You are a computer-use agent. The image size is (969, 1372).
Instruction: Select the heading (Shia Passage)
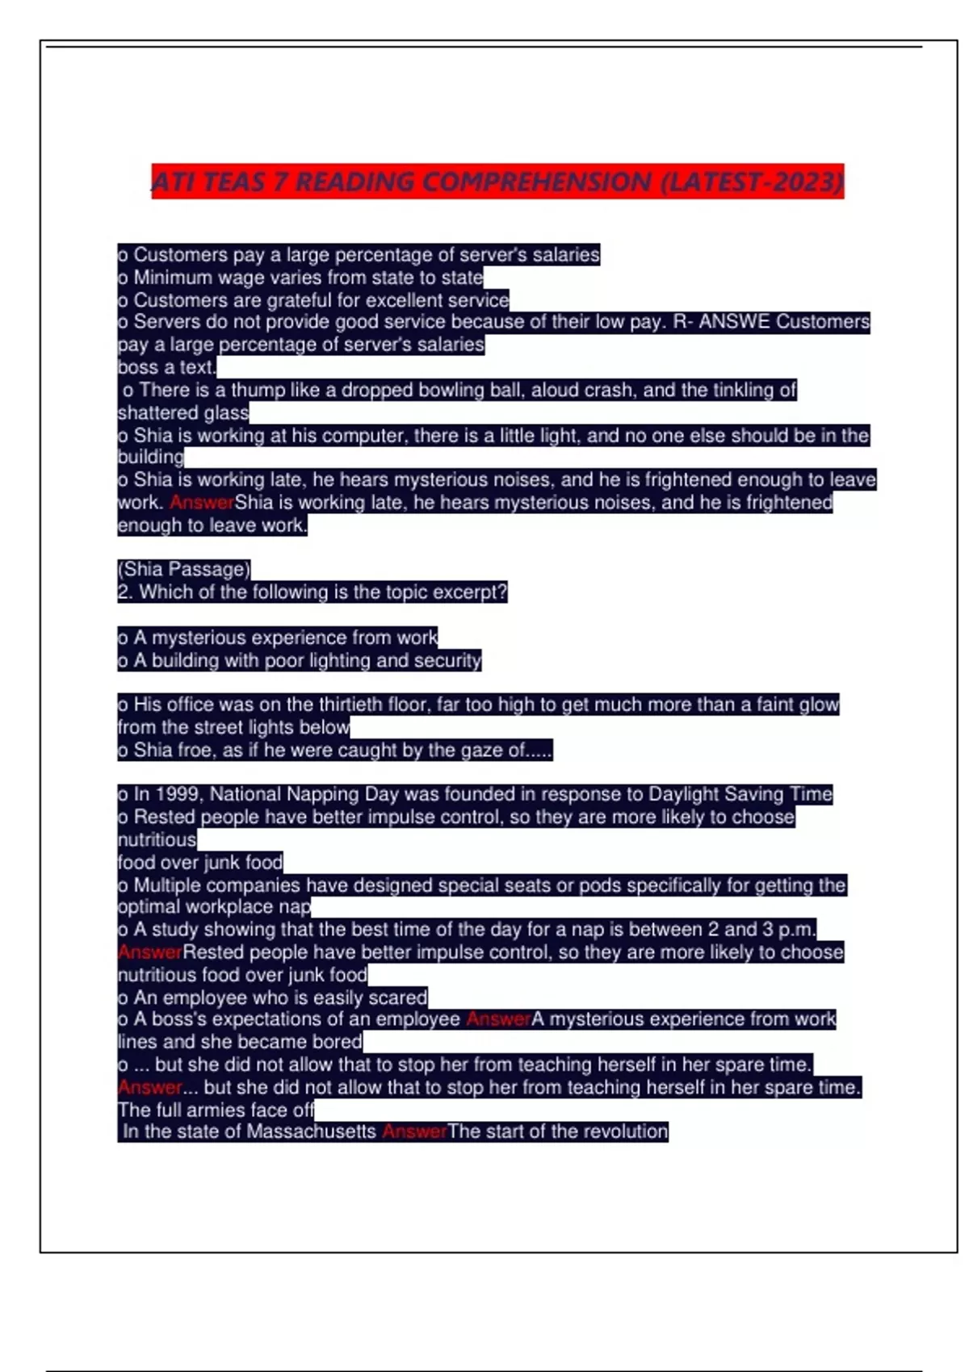tap(184, 569)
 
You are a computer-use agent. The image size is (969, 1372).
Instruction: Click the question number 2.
tap(124, 592)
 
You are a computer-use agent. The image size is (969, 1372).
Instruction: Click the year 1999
tap(178, 794)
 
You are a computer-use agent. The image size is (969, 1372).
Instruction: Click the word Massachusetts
tap(312, 1131)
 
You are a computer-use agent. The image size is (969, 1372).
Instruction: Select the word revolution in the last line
tap(623, 1131)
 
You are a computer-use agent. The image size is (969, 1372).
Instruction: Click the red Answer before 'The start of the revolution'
tap(414, 1131)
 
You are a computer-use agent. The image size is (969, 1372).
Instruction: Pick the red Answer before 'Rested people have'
tap(149, 952)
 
